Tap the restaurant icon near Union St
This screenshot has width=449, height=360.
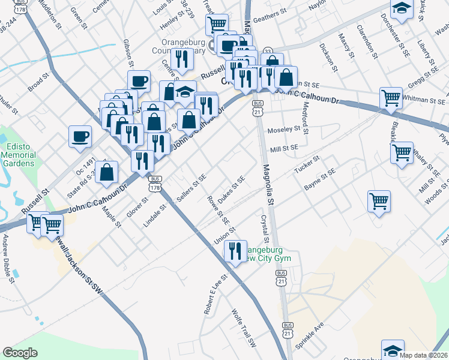pyautogui.click(x=235, y=251)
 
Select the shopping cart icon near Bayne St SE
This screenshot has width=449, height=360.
pyautogui.click(x=379, y=201)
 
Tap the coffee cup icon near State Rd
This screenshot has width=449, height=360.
pyautogui.click(x=80, y=136)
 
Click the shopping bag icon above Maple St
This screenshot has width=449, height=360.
pyautogui.click(x=107, y=172)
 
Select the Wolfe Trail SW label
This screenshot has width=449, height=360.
pyautogui.click(x=244, y=327)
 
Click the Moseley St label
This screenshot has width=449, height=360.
pyautogui.click(x=283, y=129)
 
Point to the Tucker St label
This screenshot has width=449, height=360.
pyautogui.click(x=307, y=164)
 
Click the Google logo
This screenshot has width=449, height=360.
pyautogui.click(x=20, y=353)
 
